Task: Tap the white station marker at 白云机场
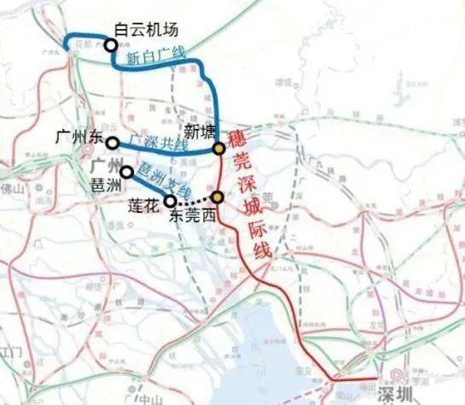110,45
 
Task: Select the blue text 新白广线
154,56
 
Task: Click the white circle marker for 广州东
112,143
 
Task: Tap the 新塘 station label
198,132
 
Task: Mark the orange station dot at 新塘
218,148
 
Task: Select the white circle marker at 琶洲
125,172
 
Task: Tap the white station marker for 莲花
170,201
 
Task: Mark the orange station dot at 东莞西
218,198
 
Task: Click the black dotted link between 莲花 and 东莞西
194,201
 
